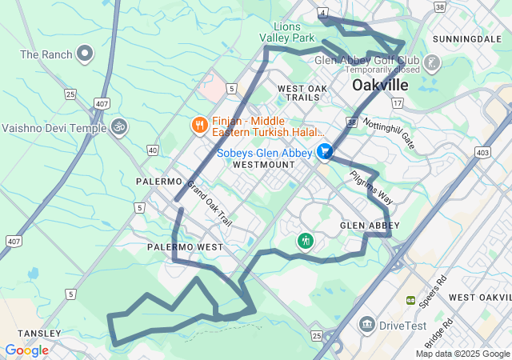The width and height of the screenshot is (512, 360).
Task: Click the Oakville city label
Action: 380,85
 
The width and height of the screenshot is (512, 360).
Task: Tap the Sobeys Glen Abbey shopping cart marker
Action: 324,150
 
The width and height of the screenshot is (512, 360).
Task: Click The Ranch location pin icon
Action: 86,54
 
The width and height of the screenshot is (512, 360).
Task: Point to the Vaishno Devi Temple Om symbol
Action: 118,127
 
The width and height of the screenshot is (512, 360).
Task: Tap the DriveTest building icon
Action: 367,324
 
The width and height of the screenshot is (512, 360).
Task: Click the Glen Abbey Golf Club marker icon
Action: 432,62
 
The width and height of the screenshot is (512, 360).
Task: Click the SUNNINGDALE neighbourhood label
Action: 466,38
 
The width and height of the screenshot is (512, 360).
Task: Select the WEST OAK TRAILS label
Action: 303,92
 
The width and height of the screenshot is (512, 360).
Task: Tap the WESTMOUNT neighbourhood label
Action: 264,164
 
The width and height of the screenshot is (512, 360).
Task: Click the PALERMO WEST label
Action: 185,247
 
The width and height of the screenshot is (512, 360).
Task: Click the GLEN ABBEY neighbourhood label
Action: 370,226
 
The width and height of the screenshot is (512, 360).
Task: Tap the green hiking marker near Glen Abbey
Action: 305,241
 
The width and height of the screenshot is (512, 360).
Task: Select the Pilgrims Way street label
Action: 371,186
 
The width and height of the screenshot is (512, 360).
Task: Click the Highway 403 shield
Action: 482,151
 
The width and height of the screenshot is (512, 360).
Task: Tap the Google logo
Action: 26,350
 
